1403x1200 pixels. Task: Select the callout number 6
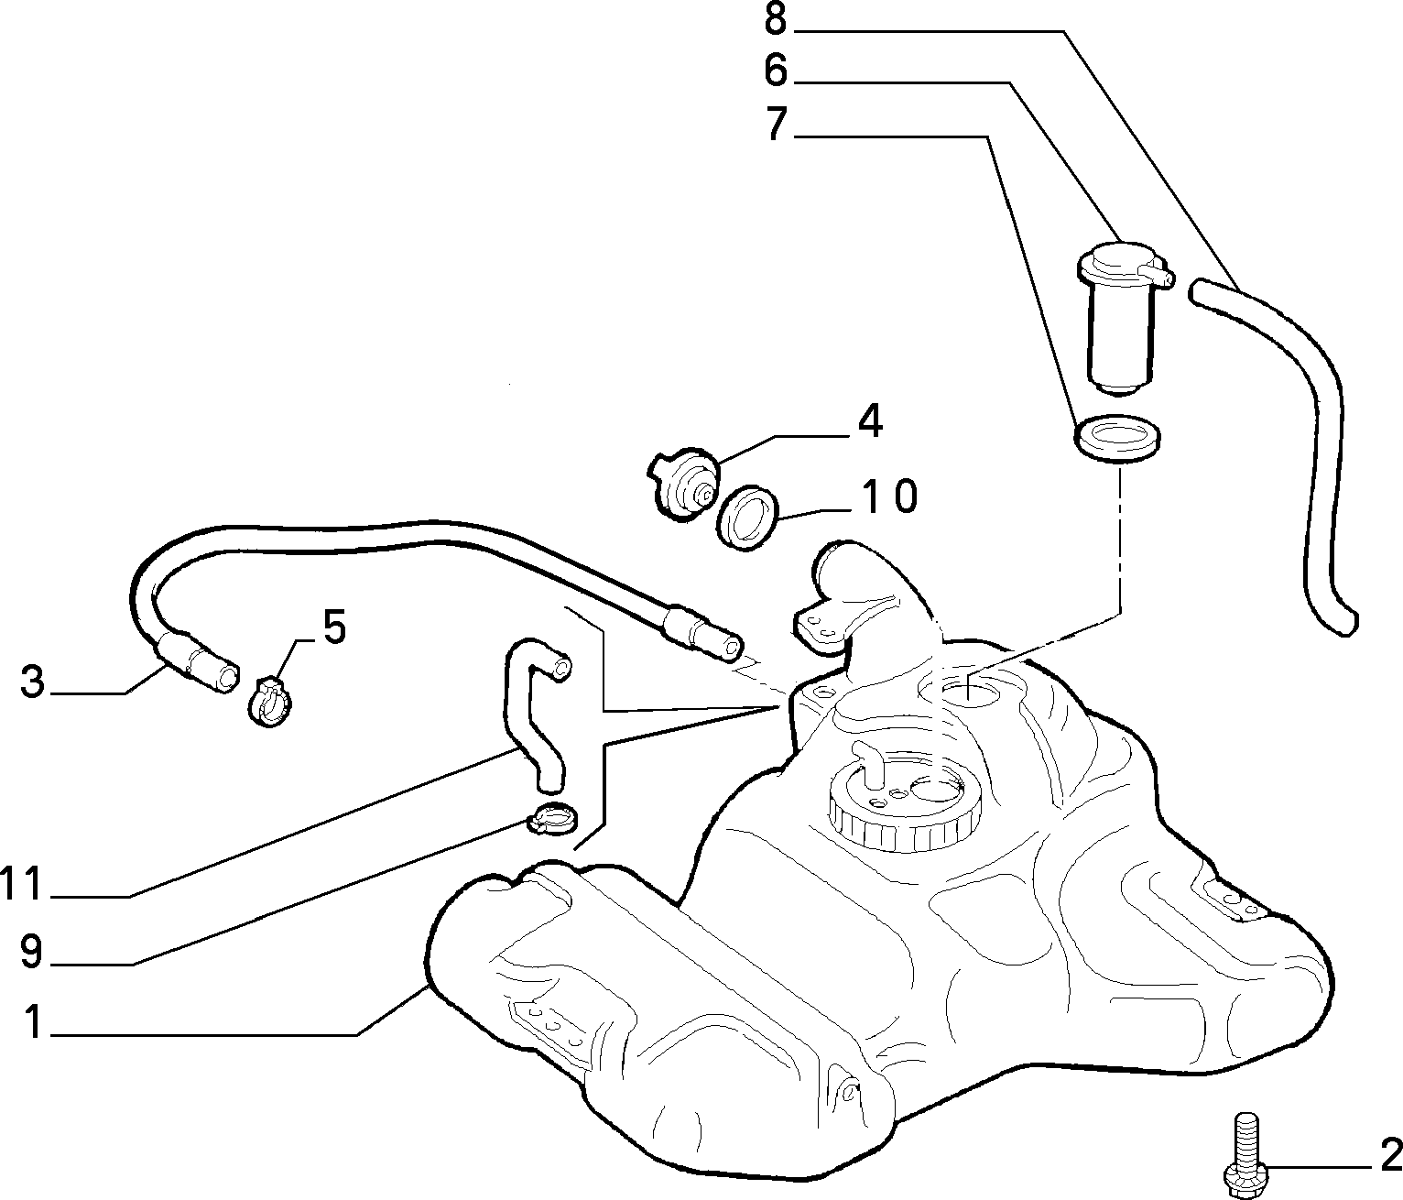(x=775, y=71)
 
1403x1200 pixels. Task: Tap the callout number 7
(x=777, y=124)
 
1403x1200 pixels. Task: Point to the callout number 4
(x=869, y=421)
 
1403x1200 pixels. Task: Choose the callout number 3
(x=32, y=682)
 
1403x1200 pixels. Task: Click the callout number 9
(x=31, y=951)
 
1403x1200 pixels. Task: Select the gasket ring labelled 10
(x=747, y=517)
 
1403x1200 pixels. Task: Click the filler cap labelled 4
(x=682, y=483)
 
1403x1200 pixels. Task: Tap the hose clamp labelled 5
(x=269, y=700)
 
